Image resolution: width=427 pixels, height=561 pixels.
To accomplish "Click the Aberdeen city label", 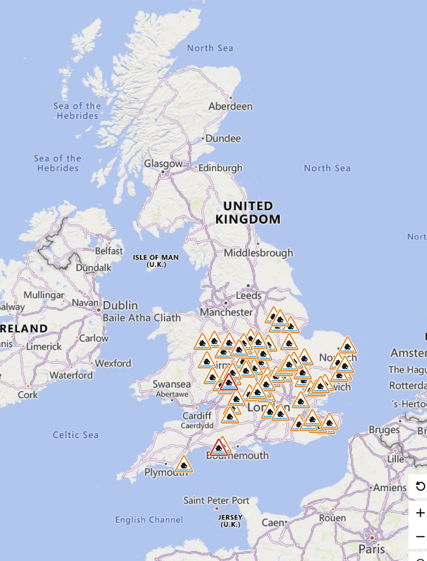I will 230,106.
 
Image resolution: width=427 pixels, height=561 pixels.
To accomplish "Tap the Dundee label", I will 223,138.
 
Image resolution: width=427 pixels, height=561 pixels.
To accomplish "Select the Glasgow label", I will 163,164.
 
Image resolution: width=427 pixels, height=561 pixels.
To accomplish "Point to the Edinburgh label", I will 220,168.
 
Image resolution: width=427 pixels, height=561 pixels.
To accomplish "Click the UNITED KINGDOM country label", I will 248,212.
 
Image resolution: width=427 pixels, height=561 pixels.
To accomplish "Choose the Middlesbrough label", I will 258,253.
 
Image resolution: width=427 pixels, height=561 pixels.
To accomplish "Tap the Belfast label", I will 109,251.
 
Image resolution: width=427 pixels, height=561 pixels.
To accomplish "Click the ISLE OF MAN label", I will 156,260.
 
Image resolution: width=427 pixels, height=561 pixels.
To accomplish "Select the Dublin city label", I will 120,305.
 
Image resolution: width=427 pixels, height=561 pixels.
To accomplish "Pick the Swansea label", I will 172,384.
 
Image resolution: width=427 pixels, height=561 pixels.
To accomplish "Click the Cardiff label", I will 197,416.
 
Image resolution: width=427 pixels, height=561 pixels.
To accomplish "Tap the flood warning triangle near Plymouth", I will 184,465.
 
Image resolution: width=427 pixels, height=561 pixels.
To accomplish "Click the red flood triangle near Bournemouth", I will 219,448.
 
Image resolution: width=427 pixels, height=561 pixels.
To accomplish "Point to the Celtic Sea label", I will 75,435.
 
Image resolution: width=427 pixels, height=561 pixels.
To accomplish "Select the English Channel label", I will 149,520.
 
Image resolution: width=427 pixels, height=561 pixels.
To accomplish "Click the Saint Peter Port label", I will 216,501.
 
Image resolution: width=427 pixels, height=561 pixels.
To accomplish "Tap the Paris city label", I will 372,549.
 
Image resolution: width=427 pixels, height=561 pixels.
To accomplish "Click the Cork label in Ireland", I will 28,395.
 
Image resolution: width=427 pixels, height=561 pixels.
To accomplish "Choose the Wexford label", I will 113,363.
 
